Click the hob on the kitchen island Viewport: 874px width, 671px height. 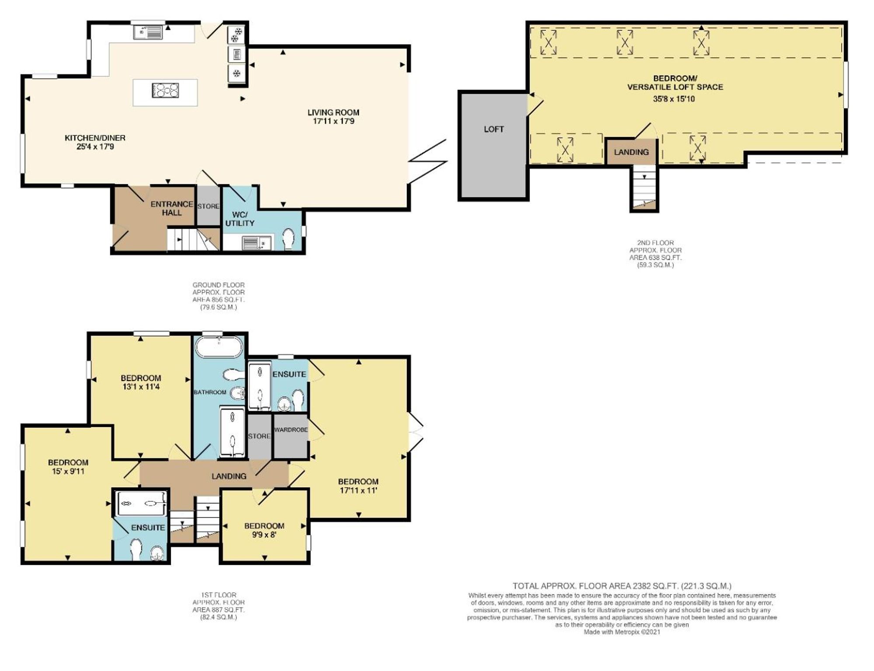[x=166, y=91]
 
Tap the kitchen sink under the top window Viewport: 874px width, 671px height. [x=148, y=32]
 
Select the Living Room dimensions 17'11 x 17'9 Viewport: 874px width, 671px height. [x=333, y=121]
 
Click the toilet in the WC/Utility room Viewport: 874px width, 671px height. [x=288, y=239]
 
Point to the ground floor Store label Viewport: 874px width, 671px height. [x=208, y=206]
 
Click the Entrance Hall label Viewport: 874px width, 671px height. [x=172, y=208]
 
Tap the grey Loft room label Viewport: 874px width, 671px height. [x=493, y=129]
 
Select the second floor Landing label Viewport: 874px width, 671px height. [x=631, y=152]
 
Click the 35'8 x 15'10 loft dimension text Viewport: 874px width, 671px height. [x=673, y=99]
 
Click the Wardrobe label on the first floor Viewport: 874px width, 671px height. [x=291, y=430]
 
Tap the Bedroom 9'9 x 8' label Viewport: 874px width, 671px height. [x=264, y=530]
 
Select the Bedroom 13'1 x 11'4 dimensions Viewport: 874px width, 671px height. [x=141, y=387]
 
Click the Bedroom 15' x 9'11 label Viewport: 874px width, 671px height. [x=68, y=467]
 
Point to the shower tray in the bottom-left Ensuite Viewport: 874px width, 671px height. [x=140, y=503]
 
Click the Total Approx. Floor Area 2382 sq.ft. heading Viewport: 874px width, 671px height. [x=621, y=586]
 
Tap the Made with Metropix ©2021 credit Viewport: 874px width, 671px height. [x=621, y=632]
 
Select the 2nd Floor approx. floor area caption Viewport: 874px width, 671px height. [x=655, y=254]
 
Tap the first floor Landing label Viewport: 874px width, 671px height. [x=229, y=476]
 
